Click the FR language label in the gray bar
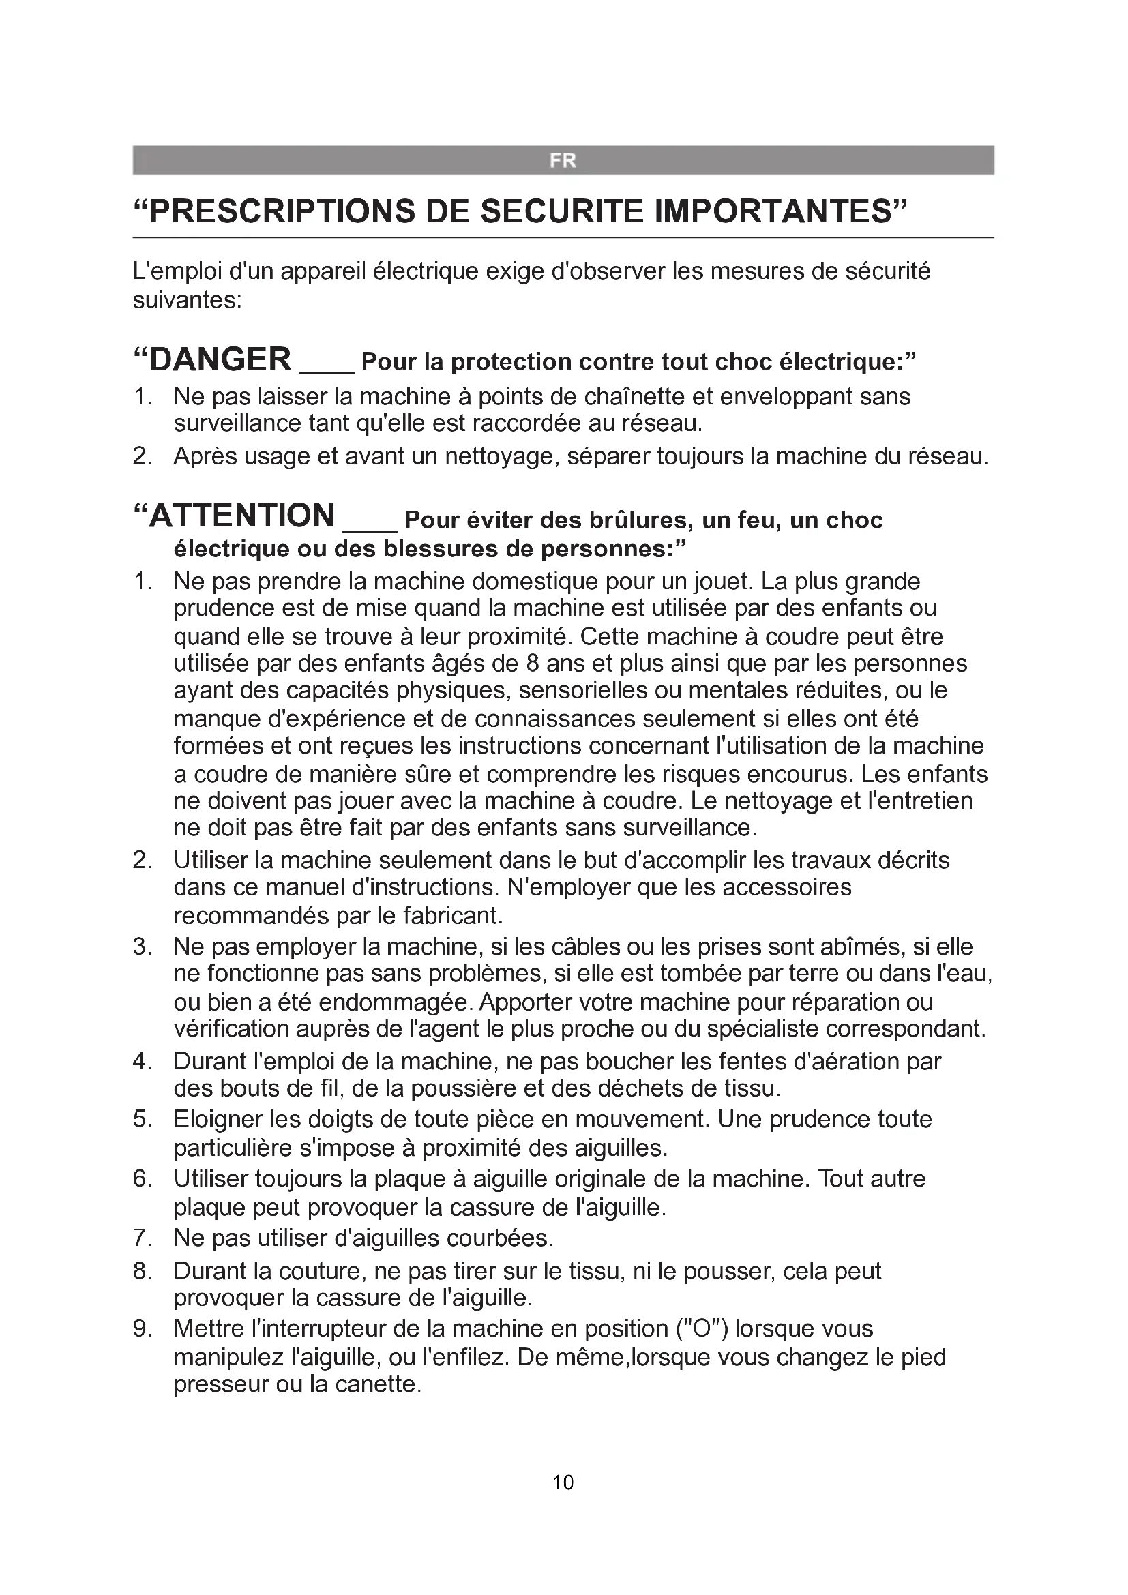pyautogui.click(x=563, y=160)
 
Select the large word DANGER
pyautogui.click(x=220, y=359)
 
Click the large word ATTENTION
pyautogui.click(x=241, y=516)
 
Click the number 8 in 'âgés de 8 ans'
pyautogui.click(x=533, y=663)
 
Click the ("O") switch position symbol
pyautogui.click(x=702, y=1328)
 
